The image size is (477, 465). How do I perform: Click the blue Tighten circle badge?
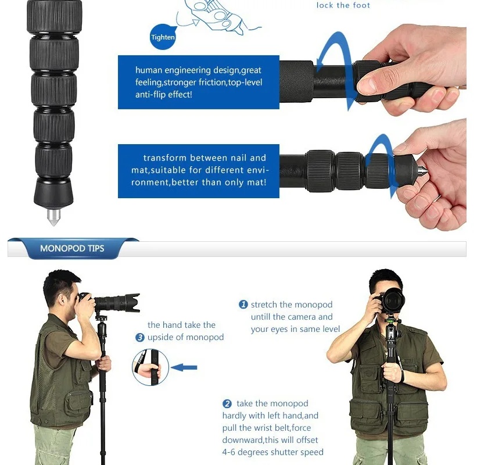[163, 37]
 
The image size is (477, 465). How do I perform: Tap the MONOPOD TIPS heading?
[72, 248]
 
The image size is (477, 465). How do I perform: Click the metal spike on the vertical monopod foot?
[53, 217]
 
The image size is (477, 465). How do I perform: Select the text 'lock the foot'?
[343, 5]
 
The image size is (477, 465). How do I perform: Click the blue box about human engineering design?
[198, 82]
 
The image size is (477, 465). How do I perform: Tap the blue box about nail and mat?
[198, 170]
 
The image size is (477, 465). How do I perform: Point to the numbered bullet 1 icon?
[243, 305]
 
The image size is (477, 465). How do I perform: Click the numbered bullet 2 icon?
[227, 403]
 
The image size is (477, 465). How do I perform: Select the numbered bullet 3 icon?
[140, 337]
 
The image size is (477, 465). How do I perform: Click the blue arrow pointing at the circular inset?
[185, 367]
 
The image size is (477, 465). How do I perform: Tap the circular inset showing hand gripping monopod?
[150, 367]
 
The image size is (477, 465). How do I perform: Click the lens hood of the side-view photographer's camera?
[128, 302]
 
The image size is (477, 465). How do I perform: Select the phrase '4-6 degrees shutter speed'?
[272, 452]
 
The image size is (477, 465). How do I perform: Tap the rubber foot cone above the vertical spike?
[53, 194]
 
